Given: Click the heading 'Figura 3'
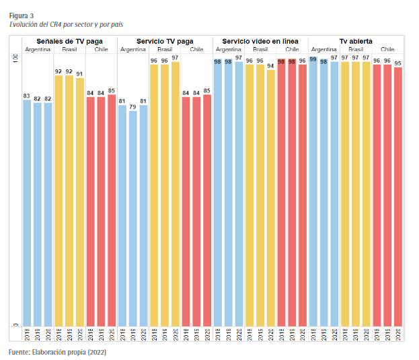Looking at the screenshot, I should pyautogui.click(x=21, y=15).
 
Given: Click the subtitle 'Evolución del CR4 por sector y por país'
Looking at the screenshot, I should pyautogui.click(x=66, y=24).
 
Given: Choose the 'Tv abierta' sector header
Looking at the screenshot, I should pyautogui.click(x=355, y=41).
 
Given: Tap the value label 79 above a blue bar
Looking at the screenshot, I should pyautogui.click(x=132, y=106).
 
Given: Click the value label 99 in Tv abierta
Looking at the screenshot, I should pyautogui.click(x=313, y=59).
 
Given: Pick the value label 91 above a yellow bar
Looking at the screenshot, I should pyautogui.click(x=80, y=74).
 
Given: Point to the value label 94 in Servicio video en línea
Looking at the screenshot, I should pyautogui.click(x=270, y=66).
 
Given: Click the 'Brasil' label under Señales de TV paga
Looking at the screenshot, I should pyautogui.click(x=69, y=50).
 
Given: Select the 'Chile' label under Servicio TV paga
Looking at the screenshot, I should pyautogui.click(x=196, y=50).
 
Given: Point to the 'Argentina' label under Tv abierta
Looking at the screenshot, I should pyautogui.click(x=323, y=50).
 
